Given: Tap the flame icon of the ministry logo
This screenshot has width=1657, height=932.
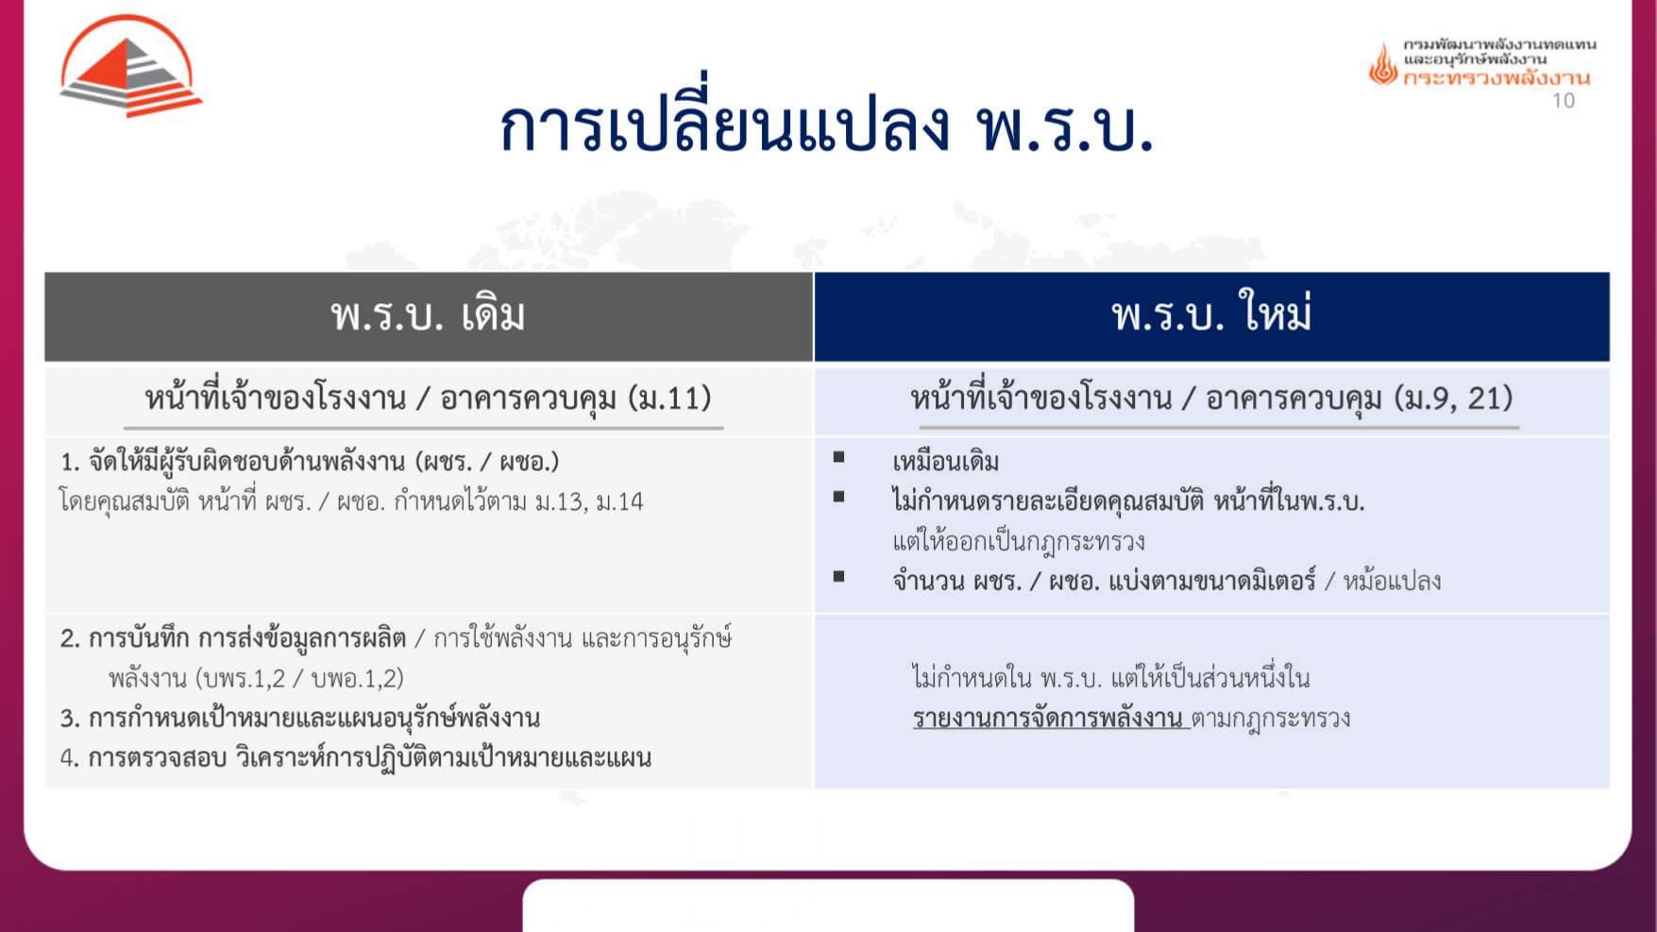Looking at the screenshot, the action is point(1383,65).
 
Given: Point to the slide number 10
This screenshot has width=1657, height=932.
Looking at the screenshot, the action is point(1564,101).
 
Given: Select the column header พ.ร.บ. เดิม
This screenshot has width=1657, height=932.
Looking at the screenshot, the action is point(428,315).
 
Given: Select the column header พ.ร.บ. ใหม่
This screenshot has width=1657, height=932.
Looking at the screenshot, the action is point(1211,315).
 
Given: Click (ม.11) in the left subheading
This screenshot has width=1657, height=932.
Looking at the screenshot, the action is point(669,398).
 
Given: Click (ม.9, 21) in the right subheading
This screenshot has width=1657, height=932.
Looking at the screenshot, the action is point(1453,398).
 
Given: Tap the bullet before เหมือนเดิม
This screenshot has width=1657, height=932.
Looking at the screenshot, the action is point(838,458).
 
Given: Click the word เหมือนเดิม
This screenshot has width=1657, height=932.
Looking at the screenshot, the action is point(945,462).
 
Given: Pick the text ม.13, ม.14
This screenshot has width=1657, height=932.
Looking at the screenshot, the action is point(588,501).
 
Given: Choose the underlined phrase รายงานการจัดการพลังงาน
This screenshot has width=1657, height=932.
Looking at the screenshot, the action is point(1048,719).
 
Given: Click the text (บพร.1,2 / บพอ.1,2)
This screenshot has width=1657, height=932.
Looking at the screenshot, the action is point(300,679).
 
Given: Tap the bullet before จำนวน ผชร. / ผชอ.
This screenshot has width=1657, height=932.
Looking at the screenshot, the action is point(838,576).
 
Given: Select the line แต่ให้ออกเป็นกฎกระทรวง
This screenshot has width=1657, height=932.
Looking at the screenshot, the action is point(1019,541).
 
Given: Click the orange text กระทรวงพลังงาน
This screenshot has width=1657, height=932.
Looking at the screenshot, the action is point(1496,78).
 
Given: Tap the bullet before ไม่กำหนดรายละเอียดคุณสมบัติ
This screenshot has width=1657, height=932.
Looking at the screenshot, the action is point(838,497).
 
